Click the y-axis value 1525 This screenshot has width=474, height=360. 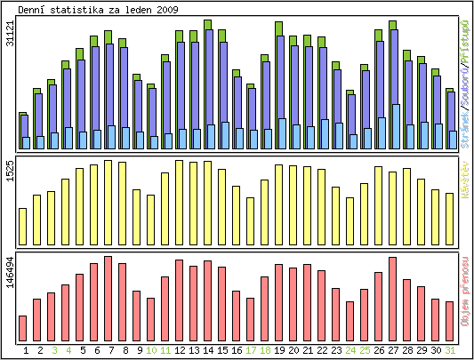(10, 172)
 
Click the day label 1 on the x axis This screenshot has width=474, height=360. (25, 350)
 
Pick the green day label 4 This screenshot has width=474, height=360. (68, 350)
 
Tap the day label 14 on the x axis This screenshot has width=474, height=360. (208, 350)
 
